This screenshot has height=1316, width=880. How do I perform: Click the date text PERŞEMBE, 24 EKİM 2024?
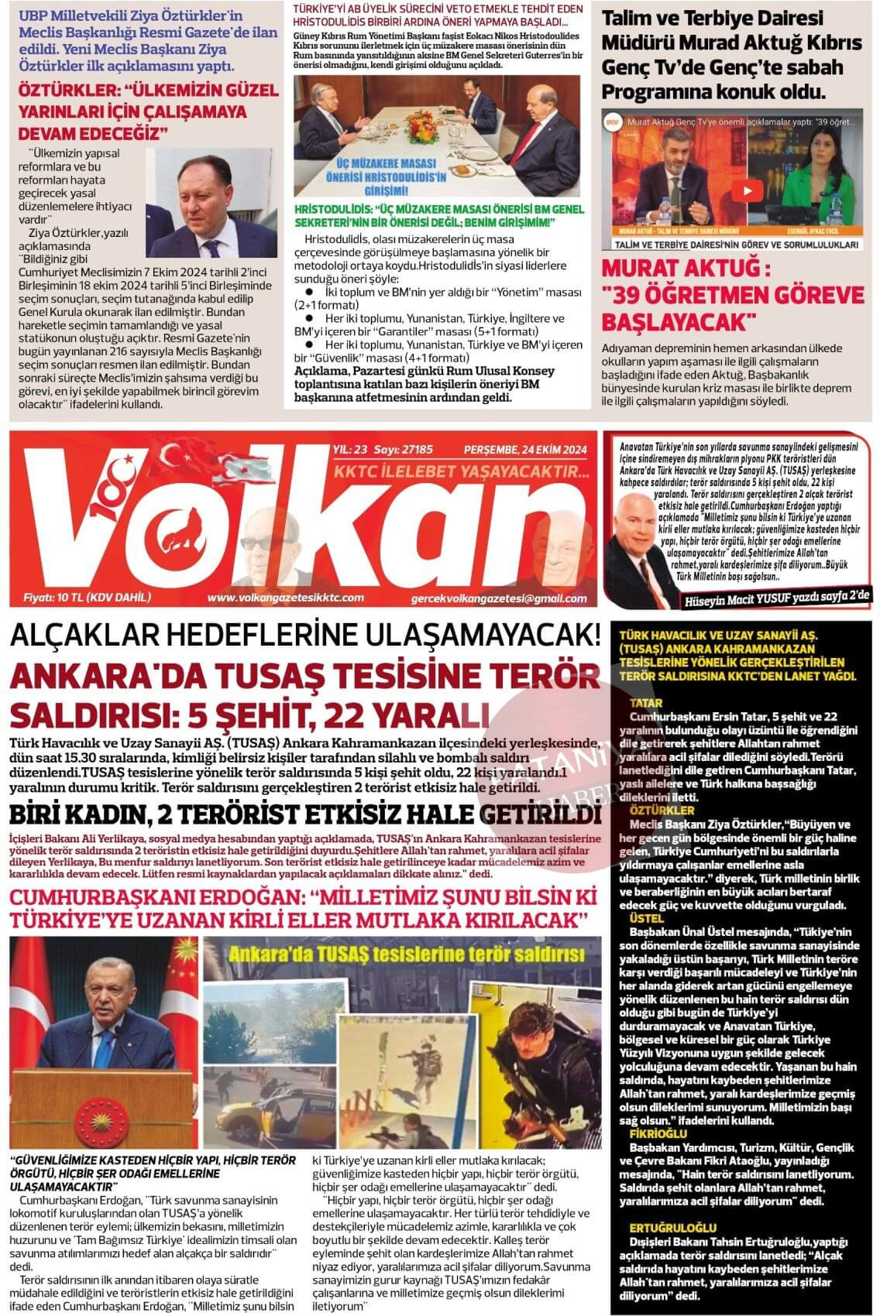(525, 449)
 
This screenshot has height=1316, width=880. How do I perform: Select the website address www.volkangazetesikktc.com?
(285, 598)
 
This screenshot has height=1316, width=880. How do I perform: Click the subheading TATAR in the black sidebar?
(646, 702)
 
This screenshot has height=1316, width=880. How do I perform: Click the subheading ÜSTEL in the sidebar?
(646, 918)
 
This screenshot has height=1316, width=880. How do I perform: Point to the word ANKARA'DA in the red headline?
(101, 674)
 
